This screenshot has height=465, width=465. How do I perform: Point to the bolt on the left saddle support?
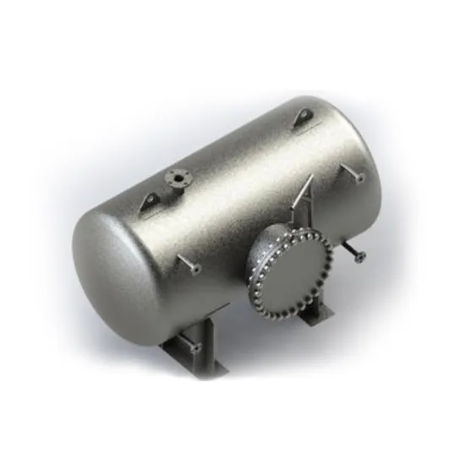click(x=195, y=347)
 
